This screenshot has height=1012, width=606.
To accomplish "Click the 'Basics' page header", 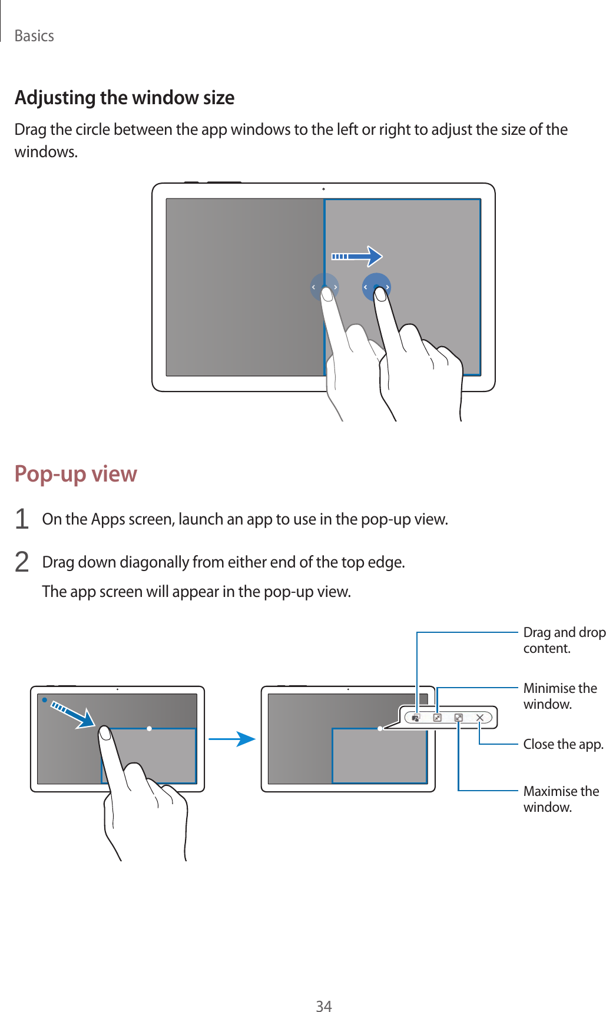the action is point(34,36).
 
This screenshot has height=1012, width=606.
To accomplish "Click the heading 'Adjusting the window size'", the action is point(124,97).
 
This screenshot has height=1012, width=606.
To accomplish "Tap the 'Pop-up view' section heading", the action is point(75,473).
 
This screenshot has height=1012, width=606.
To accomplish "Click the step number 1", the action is point(22,519).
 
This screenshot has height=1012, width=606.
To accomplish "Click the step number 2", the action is point(22,562).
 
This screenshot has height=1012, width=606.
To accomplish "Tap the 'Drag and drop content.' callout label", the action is point(564,640).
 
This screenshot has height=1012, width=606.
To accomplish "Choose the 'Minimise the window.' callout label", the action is point(559,696).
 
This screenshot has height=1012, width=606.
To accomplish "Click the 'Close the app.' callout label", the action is point(563,744).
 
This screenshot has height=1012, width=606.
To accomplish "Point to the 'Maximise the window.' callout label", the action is point(561,799).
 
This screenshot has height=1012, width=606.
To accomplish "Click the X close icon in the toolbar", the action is point(480,718).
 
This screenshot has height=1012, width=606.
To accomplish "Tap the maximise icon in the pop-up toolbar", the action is point(458,718).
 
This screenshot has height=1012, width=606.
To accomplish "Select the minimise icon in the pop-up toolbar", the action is point(437,718).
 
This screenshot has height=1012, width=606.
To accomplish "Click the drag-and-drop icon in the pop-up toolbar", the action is point(416,718).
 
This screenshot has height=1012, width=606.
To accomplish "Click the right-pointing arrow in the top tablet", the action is point(357,256).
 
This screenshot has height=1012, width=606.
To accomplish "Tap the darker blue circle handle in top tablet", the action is point(376,287).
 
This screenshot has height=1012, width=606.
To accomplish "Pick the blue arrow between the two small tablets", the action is point(231,739).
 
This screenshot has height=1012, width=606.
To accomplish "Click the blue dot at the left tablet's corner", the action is point(44,700).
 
